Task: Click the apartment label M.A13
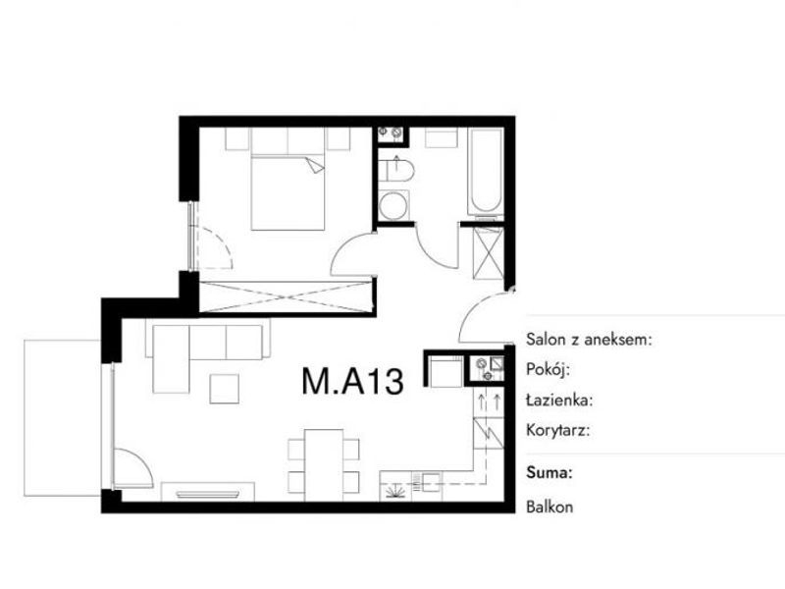pyautogui.click(x=352, y=381)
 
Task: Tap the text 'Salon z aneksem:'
pyautogui.click(x=590, y=340)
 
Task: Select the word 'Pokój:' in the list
pyautogui.click(x=549, y=370)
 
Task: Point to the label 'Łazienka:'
pyautogui.click(x=559, y=401)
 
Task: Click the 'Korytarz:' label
pyautogui.click(x=557, y=430)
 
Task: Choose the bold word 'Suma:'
pyautogui.click(x=549, y=473)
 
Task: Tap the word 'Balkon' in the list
pyautogui.click(x=549, y=507)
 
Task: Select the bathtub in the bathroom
pyautogui.click(x=486, y=171)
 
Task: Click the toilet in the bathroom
pyautogui.click(x=396, y=171)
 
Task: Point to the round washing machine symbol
pyautogui.click(x=393, y=205)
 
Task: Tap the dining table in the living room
pyautogui.click(x=324, y=464)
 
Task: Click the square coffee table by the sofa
pyautogui.click(x=224, y=388)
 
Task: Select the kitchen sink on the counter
pyautogui.click(x=431, y=481)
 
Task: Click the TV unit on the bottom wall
pyautogui.click(x=207, y=492)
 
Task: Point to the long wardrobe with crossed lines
pyautogui.click(x=287, y=297)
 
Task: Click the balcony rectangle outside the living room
pyautogui.click(x=63, y=418)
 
